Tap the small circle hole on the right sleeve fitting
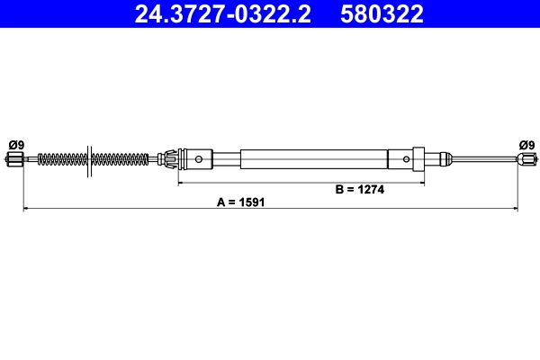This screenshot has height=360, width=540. click(406, 160)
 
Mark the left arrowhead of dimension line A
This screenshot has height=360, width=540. click(25, 210)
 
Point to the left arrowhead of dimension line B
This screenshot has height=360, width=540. click(181, 183)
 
